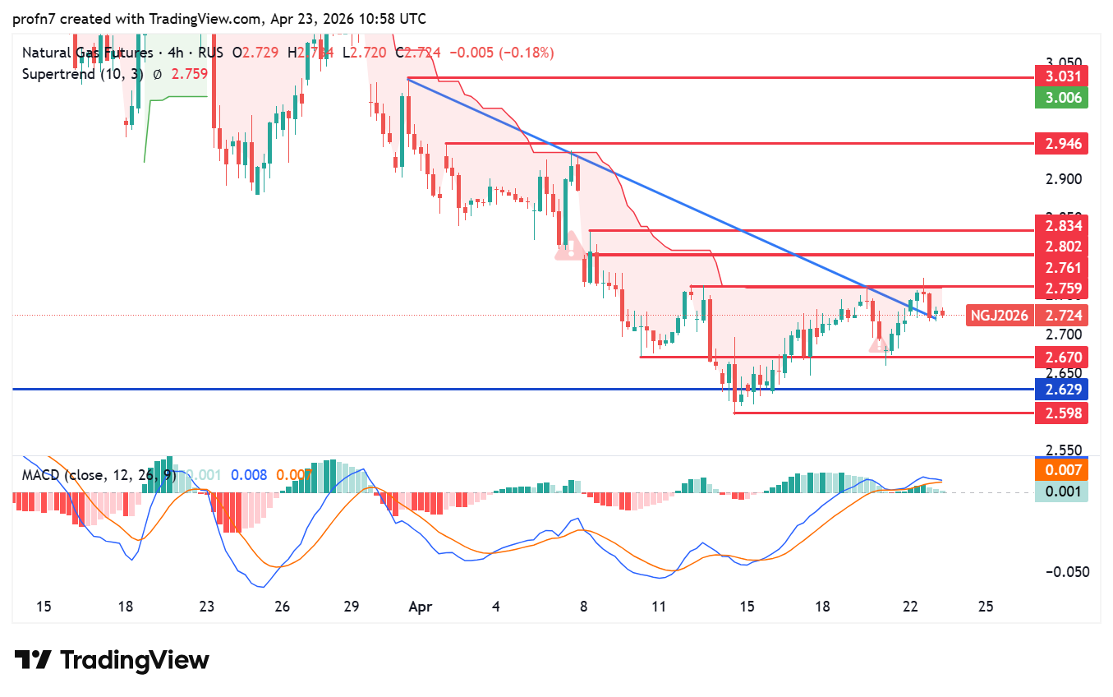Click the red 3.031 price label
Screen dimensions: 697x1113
1062,77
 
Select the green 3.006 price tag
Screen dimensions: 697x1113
1062,98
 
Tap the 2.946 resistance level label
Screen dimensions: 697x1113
1062,144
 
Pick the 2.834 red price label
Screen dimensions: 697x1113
1062,225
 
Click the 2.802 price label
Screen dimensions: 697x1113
1062,247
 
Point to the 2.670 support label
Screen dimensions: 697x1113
1062,357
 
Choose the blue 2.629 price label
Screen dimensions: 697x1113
1062,389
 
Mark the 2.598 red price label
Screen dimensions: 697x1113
1062,413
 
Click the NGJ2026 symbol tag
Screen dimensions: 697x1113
999,315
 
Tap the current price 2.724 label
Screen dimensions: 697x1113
1062,315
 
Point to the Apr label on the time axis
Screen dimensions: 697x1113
421,607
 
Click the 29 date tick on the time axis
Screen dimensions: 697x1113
351,607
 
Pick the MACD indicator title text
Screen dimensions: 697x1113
98,475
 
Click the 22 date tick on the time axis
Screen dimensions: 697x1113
909,607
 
